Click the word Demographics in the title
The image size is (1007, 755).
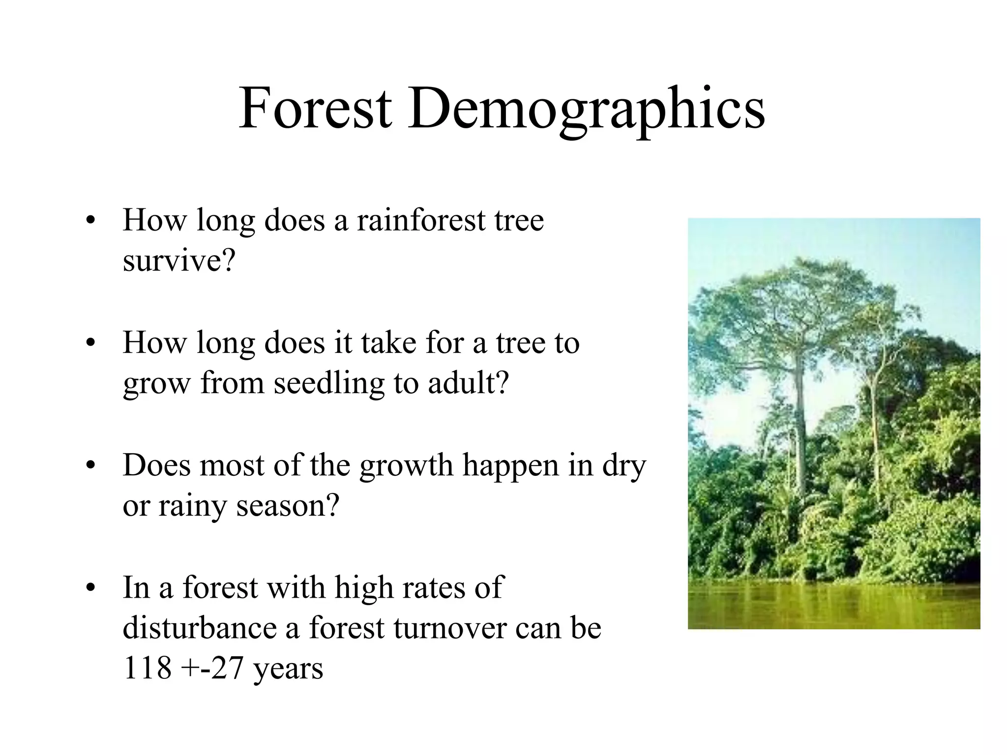coord(586,109)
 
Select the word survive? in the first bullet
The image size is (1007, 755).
coord(179,261)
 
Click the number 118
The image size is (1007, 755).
coord(147,668)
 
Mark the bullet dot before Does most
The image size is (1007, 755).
coord(89,466)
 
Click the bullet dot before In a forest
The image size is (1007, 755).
coord(89,588)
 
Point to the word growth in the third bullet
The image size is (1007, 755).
coord(406,466)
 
